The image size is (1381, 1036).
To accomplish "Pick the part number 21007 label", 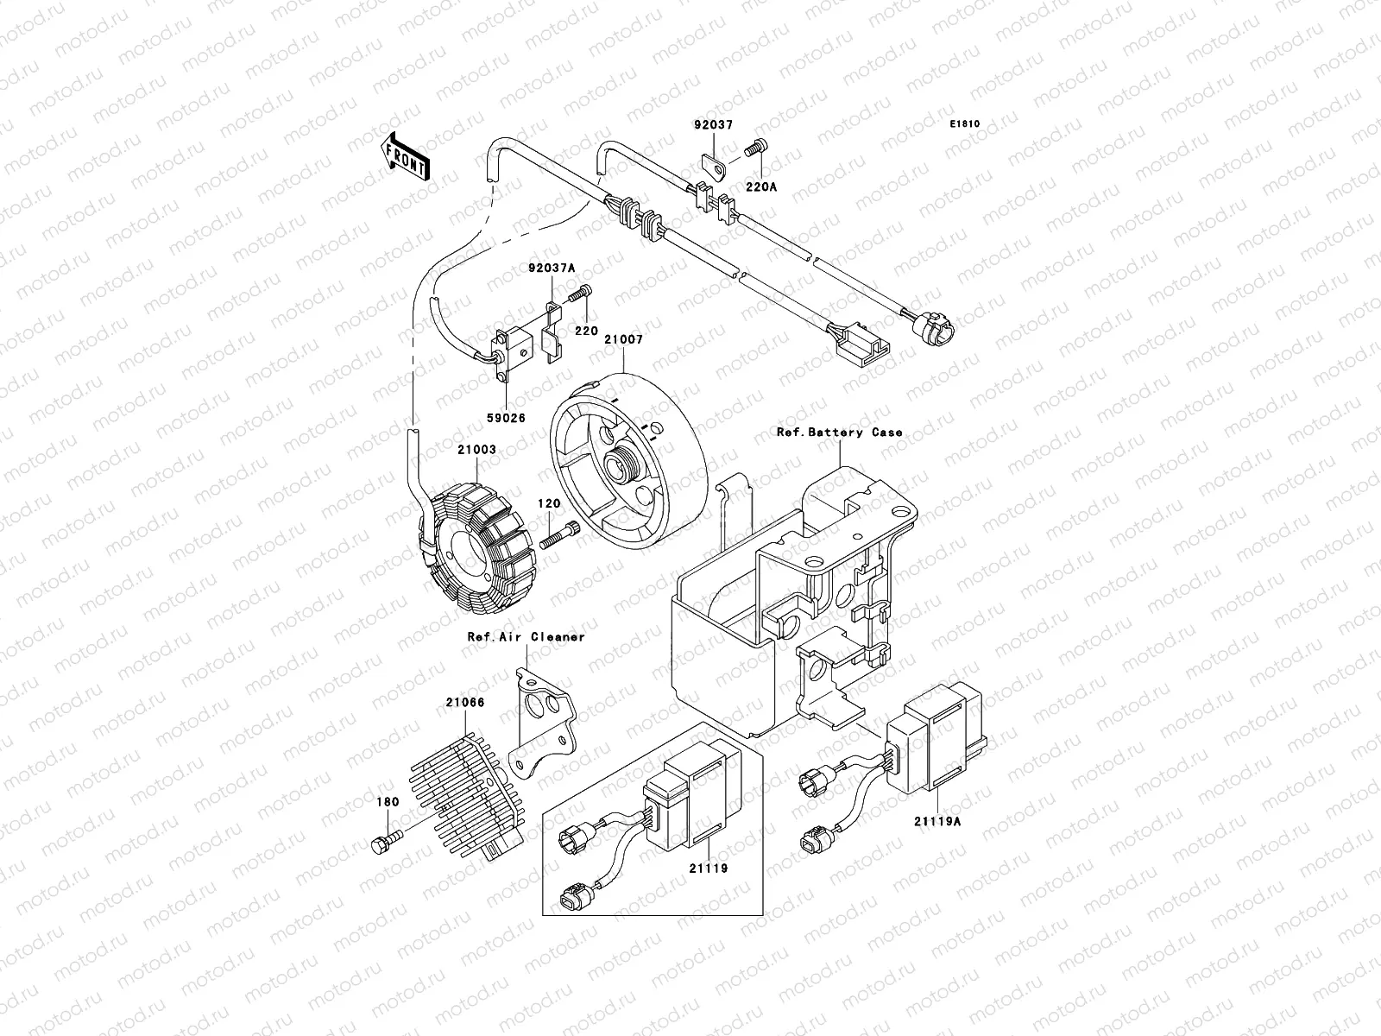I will (x=622, y=340).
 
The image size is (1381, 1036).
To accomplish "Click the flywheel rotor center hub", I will (x=623, y=467).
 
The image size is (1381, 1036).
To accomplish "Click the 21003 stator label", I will (x=477, y=451).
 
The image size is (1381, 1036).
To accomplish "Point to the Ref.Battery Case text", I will (x=839, y=433).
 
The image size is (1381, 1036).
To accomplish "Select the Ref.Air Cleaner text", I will (x=526, y=637).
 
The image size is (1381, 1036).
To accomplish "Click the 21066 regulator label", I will (x=464, y=703).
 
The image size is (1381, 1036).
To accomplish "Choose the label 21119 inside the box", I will (x=708, y=869).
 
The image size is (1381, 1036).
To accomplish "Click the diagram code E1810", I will (x=965, y=124).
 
